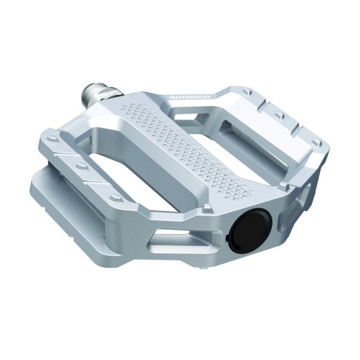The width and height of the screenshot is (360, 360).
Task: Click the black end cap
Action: coord(252,228)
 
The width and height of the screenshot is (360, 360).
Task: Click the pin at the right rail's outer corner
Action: coord(315,142)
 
